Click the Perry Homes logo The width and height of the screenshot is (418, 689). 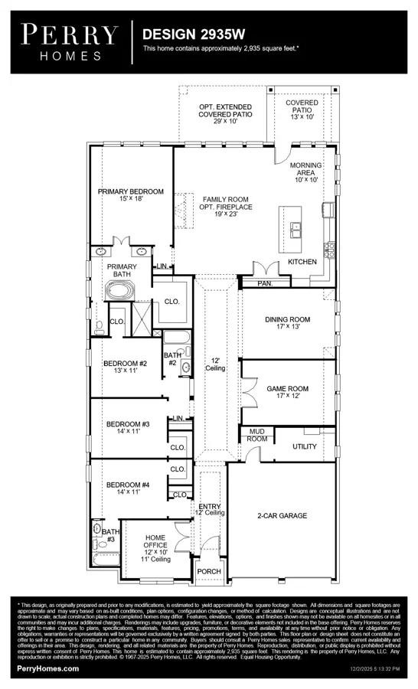point(69,41)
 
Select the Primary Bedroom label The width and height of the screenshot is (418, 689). point(130,196)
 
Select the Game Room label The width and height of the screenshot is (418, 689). point(287,393)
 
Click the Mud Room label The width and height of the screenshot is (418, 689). point(256,435)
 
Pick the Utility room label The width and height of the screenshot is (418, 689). point(305,446)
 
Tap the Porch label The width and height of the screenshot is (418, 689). point(208,570)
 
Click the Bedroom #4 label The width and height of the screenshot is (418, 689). point(127,488)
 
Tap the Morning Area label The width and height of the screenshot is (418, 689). point(305,173)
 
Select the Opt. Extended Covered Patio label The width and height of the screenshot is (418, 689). point(226,113)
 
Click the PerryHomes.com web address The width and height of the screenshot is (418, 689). point(48,668)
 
